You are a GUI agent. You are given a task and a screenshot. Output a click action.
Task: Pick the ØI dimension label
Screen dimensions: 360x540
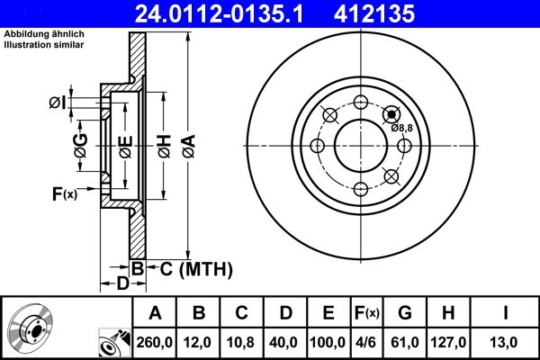(57, 103)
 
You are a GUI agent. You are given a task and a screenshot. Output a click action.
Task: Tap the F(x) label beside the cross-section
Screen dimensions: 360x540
(65, 193)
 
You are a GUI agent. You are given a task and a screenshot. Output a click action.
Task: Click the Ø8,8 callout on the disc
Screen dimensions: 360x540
(401, 128)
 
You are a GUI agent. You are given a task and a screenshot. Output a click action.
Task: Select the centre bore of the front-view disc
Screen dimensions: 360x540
(359, 145)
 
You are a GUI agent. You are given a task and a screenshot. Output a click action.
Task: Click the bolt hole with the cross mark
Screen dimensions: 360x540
(391, 113)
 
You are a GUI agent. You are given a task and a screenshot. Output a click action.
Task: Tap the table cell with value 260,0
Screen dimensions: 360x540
(155, 342)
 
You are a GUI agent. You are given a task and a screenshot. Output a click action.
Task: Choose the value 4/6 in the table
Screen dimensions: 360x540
(366, 342)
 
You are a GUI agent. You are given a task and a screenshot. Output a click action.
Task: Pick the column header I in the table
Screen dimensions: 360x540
(506, 313)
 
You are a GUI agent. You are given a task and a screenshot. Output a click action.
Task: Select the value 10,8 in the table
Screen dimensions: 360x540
(241, 342)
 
